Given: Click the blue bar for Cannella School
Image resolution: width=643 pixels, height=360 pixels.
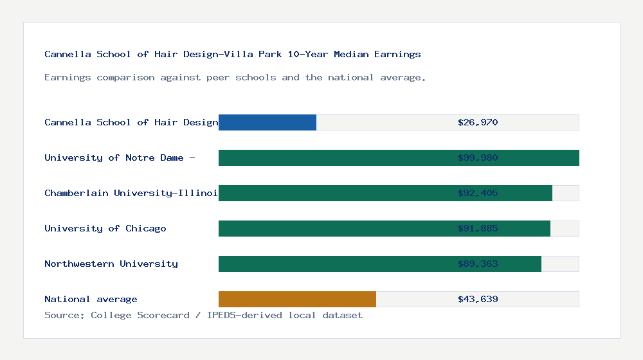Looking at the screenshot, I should (267, 122).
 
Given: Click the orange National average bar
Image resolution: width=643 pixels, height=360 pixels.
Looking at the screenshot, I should (297, 299).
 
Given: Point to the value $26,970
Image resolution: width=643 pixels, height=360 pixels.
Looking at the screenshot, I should (478, 122).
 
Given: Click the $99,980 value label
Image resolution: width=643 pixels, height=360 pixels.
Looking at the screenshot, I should (478, 157).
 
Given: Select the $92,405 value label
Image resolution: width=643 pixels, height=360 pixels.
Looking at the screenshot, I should (478, 193).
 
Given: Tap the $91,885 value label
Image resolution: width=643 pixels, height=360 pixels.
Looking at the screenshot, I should (478, 228).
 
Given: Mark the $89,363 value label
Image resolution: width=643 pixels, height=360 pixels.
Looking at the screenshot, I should (478, 264).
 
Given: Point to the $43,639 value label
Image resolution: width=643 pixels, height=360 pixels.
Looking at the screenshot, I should (478, 299).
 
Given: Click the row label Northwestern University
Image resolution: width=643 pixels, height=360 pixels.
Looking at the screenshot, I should (111, 264).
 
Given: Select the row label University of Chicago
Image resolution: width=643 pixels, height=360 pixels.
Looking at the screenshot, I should (105, 228).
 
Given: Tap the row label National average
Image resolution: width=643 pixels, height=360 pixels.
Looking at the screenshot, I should (91, 299).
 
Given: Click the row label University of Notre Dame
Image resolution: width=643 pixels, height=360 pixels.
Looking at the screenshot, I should (120, 157).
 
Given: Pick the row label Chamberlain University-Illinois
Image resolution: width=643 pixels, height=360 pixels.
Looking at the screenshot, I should (131, 193).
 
